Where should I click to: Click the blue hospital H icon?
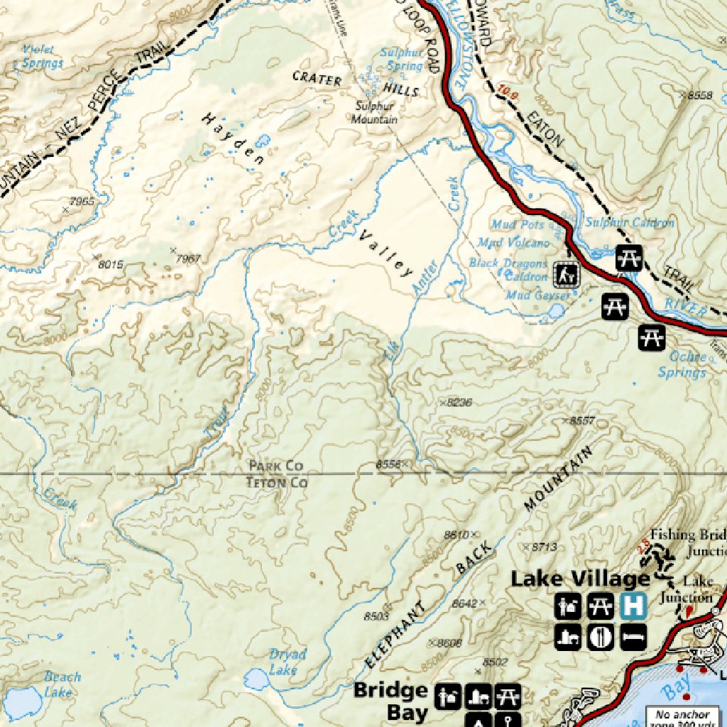[x=633, y=606]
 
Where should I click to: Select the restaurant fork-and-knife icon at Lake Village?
[x=601, y=636]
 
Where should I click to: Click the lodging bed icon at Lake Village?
[x=633, y=636]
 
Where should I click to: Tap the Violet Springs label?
[x=41, y=57]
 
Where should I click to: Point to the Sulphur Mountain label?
[x=374, y=113]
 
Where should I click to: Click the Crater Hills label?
[x=355, y=83]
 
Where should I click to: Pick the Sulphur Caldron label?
[x=629, y=223]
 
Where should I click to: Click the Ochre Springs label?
[x=682, y=364]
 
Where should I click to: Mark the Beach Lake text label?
[x=62, y=684]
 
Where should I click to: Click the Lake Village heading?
[x=580, y=579]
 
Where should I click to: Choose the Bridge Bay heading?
[x=390, y=700]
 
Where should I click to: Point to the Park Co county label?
[x=275, y=466]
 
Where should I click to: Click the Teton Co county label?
[x=276, y=483]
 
